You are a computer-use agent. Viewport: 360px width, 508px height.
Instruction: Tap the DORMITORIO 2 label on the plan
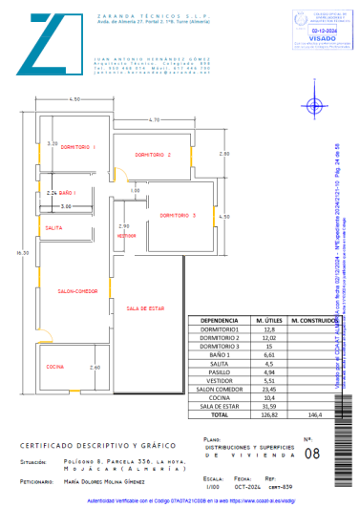152,154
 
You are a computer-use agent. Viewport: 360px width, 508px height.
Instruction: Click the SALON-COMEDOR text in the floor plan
77,290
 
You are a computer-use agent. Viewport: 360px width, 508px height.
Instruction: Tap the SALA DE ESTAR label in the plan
145,308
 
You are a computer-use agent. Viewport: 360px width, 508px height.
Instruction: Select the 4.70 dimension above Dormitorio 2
154,118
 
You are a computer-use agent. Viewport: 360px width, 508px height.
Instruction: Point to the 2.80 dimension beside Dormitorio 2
223,154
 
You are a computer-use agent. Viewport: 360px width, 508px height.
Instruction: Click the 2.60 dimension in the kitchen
94,368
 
